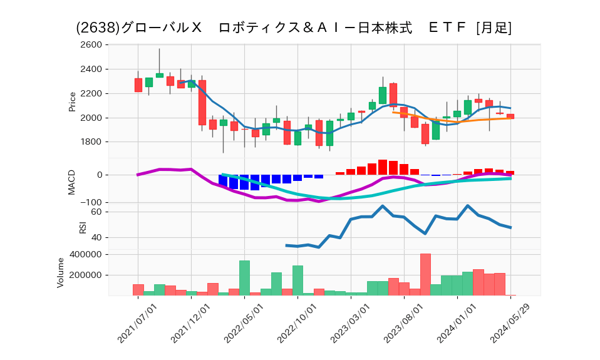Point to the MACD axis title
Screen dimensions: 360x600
pos(72,182)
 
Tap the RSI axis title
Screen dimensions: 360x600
pos(82,226)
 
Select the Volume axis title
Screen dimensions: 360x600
pos(61,273)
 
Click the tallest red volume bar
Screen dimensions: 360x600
pos(425,274)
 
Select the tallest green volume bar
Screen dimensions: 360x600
pos(244,278)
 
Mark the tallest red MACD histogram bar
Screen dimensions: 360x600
pos(383,167)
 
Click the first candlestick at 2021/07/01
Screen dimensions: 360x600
pos(138,85)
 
